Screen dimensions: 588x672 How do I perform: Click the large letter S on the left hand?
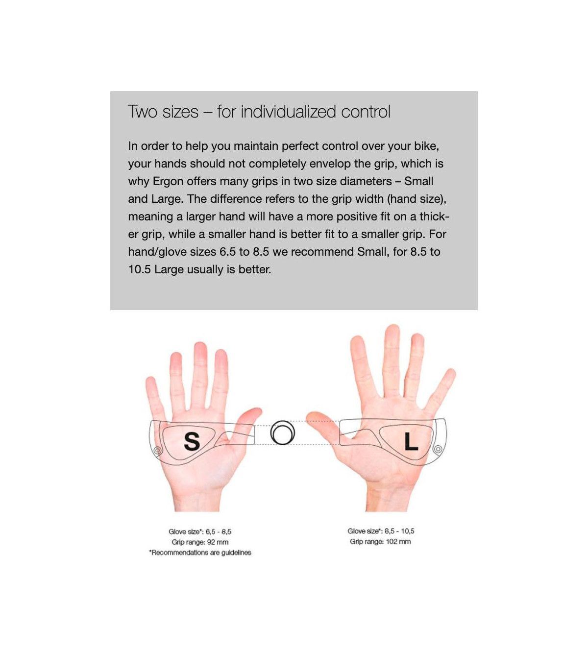point(192,441)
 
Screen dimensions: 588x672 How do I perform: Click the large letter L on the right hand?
point(411,441)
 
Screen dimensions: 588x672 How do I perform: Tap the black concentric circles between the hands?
point(282,432)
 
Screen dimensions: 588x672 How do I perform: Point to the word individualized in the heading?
point(289,112)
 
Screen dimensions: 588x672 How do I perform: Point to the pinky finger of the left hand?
point(154,397)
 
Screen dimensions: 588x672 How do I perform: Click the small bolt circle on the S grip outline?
point(158,450)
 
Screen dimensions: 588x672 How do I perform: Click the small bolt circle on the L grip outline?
point(438,449)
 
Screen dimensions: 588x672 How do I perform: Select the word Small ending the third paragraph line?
point(418,181)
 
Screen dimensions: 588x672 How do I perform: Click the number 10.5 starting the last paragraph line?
point(139,269)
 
